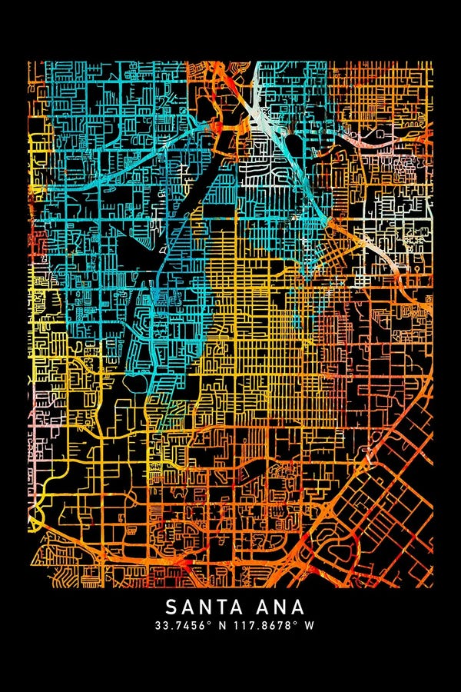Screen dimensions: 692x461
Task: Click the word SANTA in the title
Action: pyautogui.click(x=198, y=607)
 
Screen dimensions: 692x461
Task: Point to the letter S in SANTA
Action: pyautogui.click(x=171, y=607)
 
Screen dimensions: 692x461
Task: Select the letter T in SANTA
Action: pyautogui.click(x=213, y=607)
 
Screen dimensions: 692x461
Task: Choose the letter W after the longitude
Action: pyautogui.click(x=309, y=625)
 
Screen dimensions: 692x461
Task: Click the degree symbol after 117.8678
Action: pyautogui.click(x=296, y=623)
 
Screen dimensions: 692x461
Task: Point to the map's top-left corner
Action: pyautogui.click(x=29, y=62)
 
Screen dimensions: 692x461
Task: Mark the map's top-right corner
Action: pyautogui.click(x=432, y=62)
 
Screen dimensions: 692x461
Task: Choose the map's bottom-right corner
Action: pyautogui.click(x=432, y=587)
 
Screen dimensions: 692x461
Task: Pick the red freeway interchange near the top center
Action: pyautogui.click(x=219, y=127)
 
